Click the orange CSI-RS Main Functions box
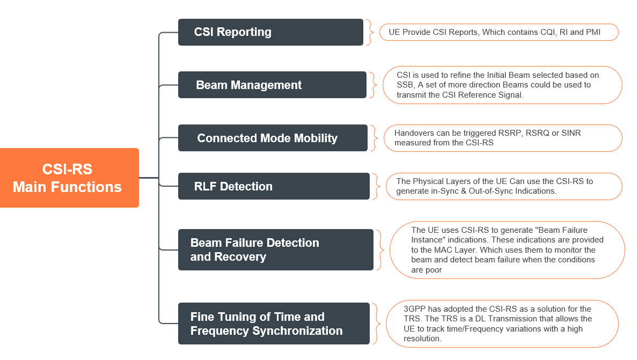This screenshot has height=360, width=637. click(69, 178)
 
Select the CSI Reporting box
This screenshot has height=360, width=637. click(270, 32)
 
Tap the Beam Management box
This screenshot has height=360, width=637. click(272, 85)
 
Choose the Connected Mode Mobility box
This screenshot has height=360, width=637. click(273, 138)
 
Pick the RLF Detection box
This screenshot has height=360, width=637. click(274, 186)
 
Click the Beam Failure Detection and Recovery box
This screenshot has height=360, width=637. click(275, 249)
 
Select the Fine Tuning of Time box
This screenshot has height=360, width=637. click(274, 324)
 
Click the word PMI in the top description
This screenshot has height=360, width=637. click(592, 32)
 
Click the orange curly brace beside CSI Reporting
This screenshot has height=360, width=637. click(369, 32)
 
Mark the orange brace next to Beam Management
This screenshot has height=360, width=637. click(372, 85)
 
